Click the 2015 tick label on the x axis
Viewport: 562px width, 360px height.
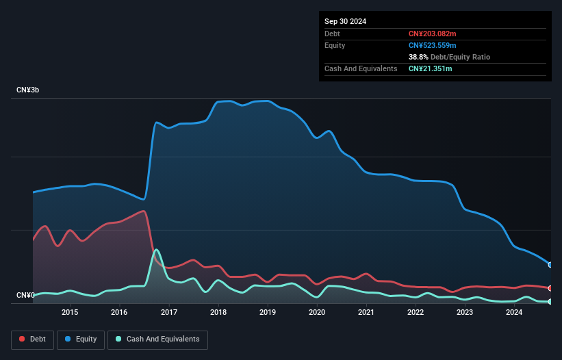click(x=70, y=313)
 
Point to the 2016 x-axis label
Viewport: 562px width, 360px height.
click(x=119, y=313)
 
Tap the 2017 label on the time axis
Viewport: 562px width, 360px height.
click(x=169, y=313)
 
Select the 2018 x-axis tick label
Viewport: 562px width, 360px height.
click(x=218, y=313)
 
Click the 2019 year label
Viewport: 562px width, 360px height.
click(x=268, y=313)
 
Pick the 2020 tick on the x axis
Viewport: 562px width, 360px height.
click(x=317, y=313)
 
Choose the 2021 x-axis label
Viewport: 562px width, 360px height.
click(x=366, y=313)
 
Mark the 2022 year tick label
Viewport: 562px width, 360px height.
click(x=416, y=313)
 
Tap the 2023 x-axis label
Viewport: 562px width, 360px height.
click(x=465, y=313)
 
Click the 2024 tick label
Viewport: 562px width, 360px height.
click(x=514, y=313)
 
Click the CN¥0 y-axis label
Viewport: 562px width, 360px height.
click(x=26, y=295)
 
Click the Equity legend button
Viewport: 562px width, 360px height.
click(x=80, y=339)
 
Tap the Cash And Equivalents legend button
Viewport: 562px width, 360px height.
click(x=157, y=339)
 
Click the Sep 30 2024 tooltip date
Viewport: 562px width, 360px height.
click(x=345, y=21)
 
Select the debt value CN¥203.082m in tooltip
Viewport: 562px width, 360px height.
click(x=432, y=34)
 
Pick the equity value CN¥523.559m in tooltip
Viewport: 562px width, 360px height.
click(x=432, y=45)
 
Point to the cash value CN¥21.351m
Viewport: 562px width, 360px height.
click(x=430, y=68)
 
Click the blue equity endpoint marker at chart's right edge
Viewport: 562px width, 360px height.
click(x=550, y=264)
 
